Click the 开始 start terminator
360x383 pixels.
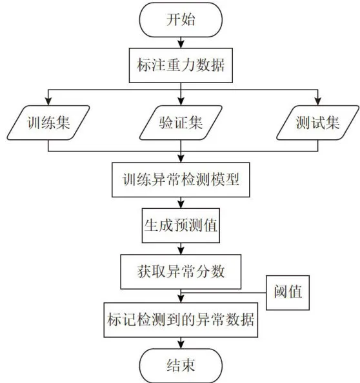[x=181, y=20]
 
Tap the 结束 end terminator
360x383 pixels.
[x=181, y=366]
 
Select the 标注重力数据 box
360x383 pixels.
[x=181, y=65]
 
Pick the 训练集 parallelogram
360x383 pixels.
[x=48, y=123]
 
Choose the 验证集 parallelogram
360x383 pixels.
[x=181, y=123]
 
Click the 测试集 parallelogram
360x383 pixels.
[x=317, y=123]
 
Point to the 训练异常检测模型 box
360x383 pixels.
[x=181, y=180]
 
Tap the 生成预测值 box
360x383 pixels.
[x=181, y=226]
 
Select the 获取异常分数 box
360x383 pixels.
[x=181, y=271]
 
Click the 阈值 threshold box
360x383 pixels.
[x=288, y=293]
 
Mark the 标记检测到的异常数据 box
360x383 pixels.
[x=181, y=320]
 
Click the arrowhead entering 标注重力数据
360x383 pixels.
[x=181, y=44]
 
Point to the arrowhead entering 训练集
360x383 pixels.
[x=48, y=102]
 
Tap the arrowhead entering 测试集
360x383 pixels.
[x=317, y=102]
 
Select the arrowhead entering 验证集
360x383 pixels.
[x=181, y=102]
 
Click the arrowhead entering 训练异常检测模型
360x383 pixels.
[x=181, y=159]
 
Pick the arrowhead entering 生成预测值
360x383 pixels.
[x=181, y=204]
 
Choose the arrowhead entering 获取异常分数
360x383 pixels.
[x=181, y=251]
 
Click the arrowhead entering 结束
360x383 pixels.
[x=181, y=345]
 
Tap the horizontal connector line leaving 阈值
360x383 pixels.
[x=223, y=293]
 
